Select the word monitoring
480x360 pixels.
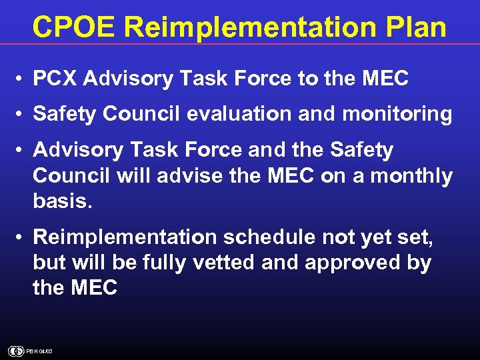pos(397,114)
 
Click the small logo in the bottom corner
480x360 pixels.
pos(15,351)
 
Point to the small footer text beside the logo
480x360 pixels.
pos(39,351)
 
